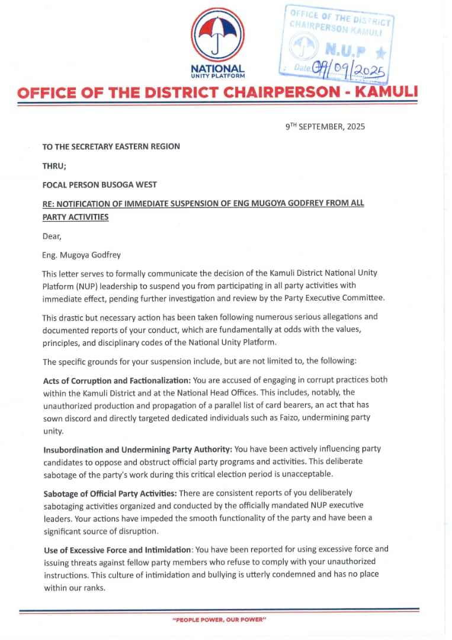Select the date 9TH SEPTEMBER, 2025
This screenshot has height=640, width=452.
pos(325,126)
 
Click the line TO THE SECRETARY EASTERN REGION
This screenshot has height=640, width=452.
pos(111,146)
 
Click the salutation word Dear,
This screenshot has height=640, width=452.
pos(52,236)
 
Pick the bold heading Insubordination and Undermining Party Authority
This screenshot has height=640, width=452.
pos(137,449)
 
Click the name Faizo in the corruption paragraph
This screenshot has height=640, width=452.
pos(300,417)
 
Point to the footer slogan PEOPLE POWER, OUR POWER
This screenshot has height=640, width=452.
pos(219,619)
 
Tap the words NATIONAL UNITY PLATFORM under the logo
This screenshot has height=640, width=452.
pos(217,71)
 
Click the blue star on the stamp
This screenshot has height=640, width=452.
pos(380,53)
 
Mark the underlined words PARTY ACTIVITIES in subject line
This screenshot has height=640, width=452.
pos(75,217)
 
